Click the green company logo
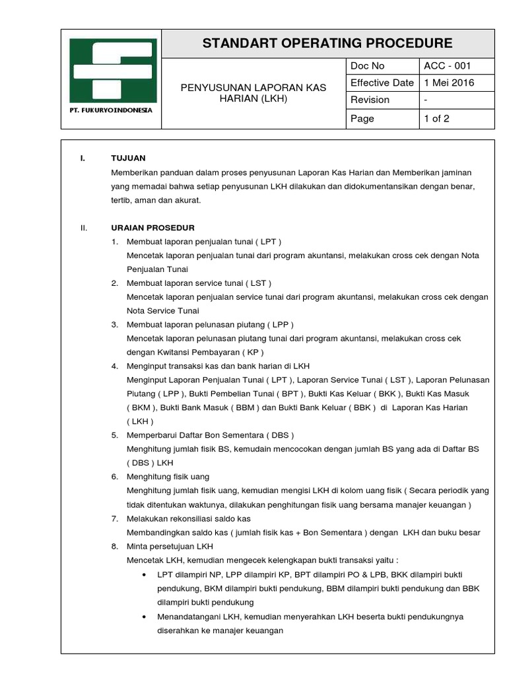tap(113, 70)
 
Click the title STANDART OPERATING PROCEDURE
tap(327, 44)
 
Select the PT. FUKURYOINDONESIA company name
tap(111, 110)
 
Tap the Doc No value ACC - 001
tap(448, 66)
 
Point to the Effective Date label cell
tap(382, 83)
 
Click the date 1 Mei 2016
tap(449, 83)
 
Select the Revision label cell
tap(370, 100)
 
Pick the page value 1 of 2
tap(436, 119)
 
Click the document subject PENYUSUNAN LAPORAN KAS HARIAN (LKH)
tap(254, 93)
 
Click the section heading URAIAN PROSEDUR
tap(152, 228)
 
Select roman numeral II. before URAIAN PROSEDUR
tap(83, 228)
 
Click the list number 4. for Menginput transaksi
tap(114, 366)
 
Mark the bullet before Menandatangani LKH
tap(144, 617)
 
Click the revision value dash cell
tap(426, 100)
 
